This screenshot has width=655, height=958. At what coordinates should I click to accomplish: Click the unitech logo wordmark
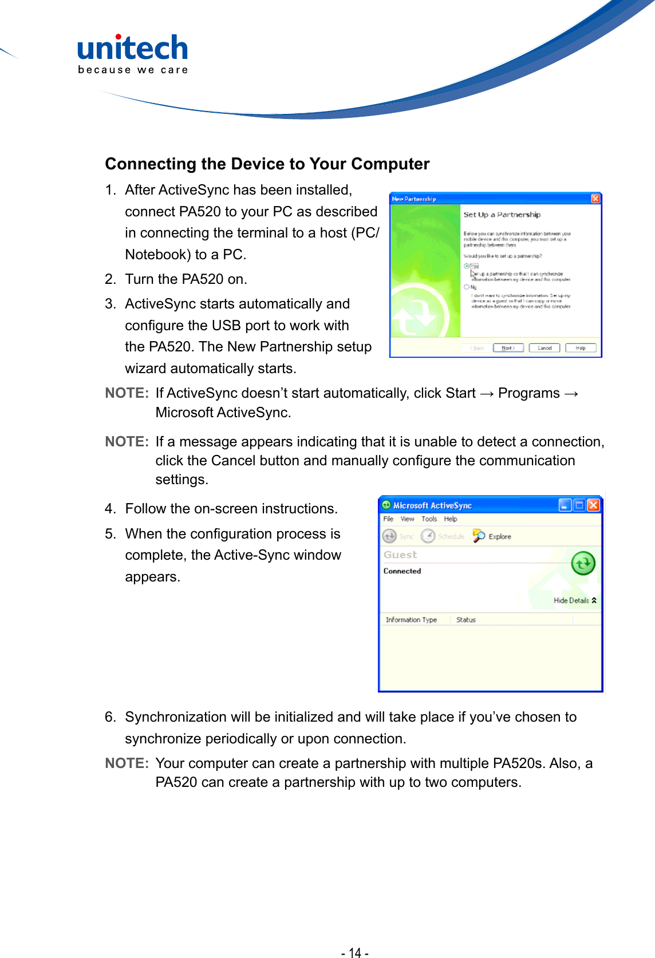pyautogui.click(x=132, y=48)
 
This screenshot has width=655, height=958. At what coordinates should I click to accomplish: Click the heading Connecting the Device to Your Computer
pyautogui.click(x=267, y=164)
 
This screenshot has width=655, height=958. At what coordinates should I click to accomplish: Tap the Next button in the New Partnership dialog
pyautogui.click(x=508, y=348)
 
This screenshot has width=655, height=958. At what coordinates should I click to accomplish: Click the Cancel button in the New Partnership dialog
pyautogui.click(x=544, y=348)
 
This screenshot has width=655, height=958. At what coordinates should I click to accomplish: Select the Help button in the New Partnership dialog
pyautogui.click(x=580, y=348)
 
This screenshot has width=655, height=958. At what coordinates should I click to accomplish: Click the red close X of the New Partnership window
pyautogui.click(x=595, y=199)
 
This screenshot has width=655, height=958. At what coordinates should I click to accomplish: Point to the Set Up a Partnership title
pyautogui.click(x=502, y=215)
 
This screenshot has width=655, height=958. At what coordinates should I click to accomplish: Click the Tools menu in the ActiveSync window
pyautogui.click(x=429, y=519)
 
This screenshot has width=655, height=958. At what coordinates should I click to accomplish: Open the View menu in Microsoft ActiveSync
pyautogui.click(x=407, y=519)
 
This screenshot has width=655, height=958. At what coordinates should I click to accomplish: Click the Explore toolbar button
pyautogui.click(x=492, y=536)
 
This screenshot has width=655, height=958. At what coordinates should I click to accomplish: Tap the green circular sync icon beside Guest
pyautogui.click(x=583, y=564)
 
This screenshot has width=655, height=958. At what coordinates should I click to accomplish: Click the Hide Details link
pyautogui.click(x=574, y=600)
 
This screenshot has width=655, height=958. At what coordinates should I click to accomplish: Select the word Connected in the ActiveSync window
pyautogui.click(x=402, y=571)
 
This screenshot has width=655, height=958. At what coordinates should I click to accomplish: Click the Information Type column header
pyautogui.click(x=411, y=620)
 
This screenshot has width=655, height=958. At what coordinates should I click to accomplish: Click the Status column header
pyautogui.click(x=465, y=620)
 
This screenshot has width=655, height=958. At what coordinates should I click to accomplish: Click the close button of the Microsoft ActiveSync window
pyautogui.click(x=593, y=505)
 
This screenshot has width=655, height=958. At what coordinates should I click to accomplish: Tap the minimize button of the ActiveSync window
pyautogui.click(x=565, y=505)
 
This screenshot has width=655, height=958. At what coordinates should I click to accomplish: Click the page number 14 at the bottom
pyautogui.click(x=355, y=952)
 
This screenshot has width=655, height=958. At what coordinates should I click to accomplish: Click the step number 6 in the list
pyautogui.click(x=110, y=717)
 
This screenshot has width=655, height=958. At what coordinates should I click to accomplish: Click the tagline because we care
pyautogui.click(x=133, y=70)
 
